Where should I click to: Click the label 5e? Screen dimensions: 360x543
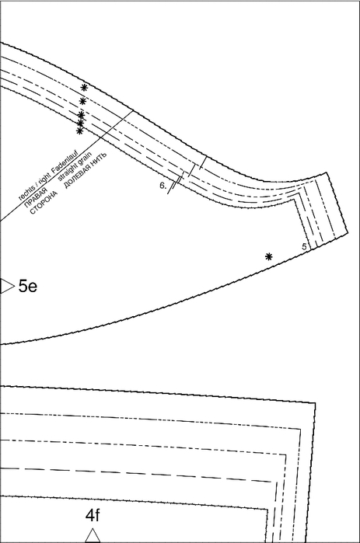pos(28,287)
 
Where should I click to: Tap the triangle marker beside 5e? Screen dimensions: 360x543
pos(7,286)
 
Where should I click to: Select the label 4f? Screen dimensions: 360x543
pos(93,515)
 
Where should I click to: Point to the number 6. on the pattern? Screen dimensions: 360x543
pos(163,186)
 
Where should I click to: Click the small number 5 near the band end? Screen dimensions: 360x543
pos(304,247)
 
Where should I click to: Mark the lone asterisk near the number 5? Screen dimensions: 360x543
pos(268,256)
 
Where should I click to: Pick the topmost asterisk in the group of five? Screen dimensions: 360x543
pos(84,88)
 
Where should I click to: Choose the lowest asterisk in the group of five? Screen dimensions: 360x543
pos(79,131)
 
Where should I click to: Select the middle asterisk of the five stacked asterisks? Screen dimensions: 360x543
pos(81,115)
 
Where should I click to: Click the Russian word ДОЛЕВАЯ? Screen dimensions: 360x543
pos(78,176)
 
